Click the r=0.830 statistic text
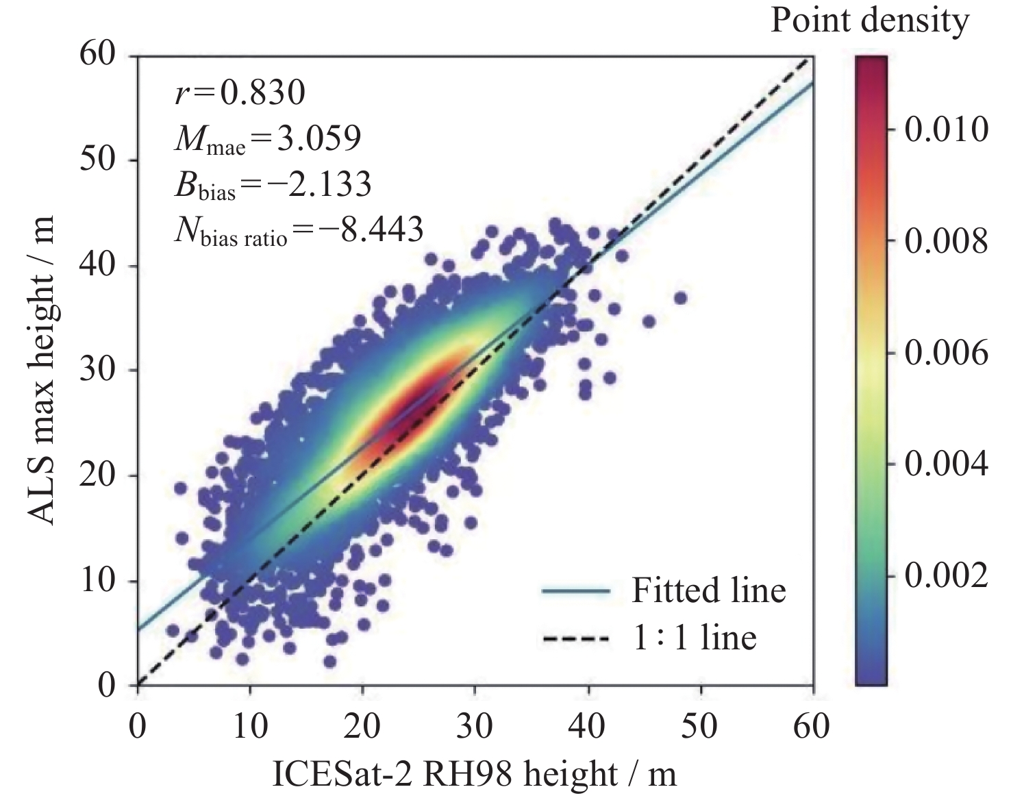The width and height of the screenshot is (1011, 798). click(x=239, y=92)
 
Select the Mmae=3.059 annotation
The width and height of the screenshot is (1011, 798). click(x=267, y=139)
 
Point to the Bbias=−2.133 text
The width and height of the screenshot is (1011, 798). click(x=273, y=184)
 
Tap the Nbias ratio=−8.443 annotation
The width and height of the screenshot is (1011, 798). click(x=298, y=230)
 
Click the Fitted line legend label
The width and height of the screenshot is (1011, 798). click(x=708, y=590)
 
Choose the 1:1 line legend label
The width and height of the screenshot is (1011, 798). click(x=693, y=638)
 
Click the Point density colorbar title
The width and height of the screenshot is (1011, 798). click(x=869, y=21)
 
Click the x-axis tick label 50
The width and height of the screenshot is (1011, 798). click(x=701, y=725)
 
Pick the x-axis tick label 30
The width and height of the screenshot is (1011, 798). click(x=475, y=725)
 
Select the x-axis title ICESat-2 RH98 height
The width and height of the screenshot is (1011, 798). click(x=475, y=774)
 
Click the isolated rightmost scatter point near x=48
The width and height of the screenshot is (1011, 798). click(x=680, y=298)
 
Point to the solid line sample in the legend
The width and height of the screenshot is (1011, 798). click(x=576, y=590)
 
